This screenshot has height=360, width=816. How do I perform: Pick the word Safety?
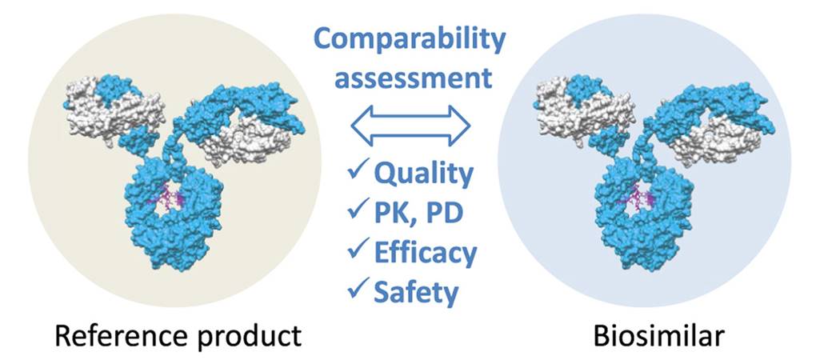[416, 292]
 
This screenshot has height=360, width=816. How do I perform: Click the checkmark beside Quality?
[358, 171]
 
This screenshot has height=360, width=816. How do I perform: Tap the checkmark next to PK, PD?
[358, 211]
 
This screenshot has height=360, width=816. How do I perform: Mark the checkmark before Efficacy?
[358, 250]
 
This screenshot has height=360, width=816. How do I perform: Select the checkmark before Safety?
[358, 290]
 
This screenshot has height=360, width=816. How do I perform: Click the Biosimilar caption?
[649, 336]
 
